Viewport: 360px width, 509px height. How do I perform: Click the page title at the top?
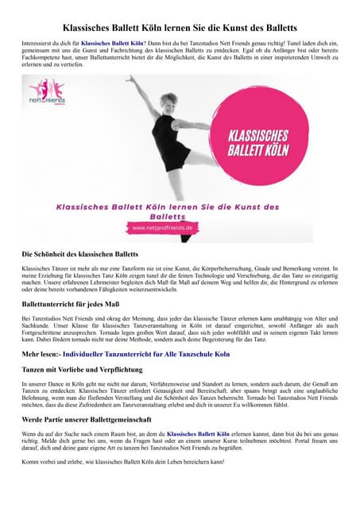(180, 25)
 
